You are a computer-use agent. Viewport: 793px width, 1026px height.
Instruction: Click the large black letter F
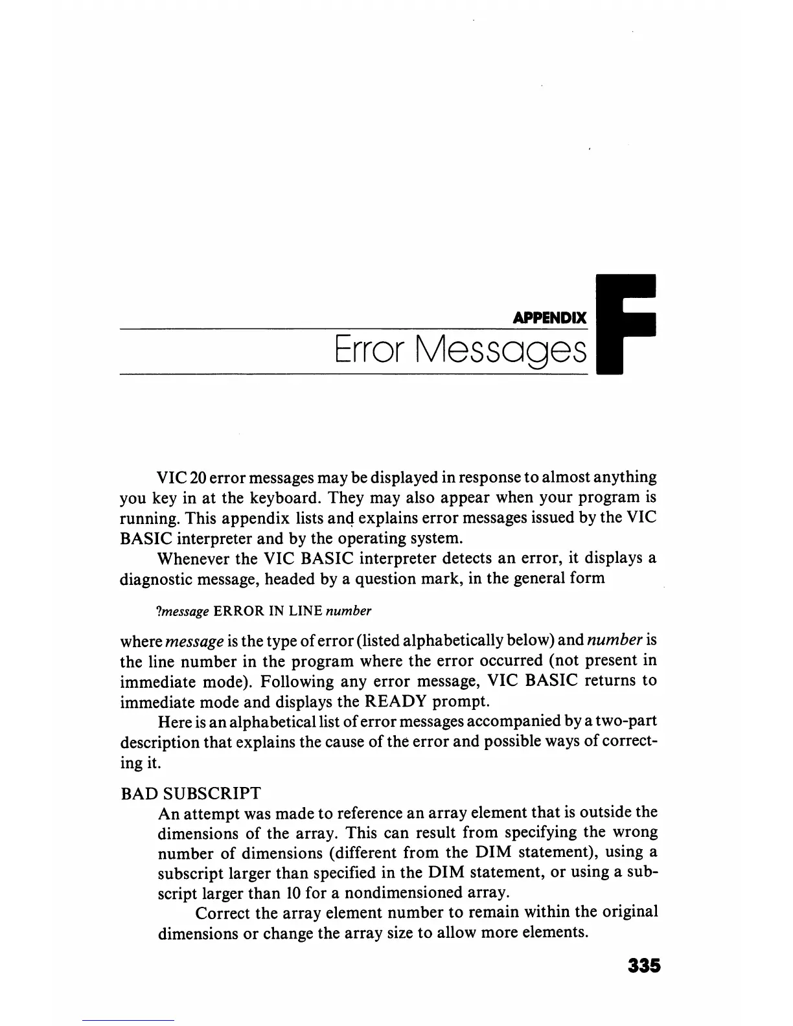pyautogui.click(x=626, y=325)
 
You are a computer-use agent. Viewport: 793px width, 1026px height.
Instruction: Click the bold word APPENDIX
pyautogui.click(x=549, y=319)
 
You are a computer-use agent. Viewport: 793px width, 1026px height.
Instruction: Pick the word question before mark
pyautogui.click(x=378, y=578)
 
